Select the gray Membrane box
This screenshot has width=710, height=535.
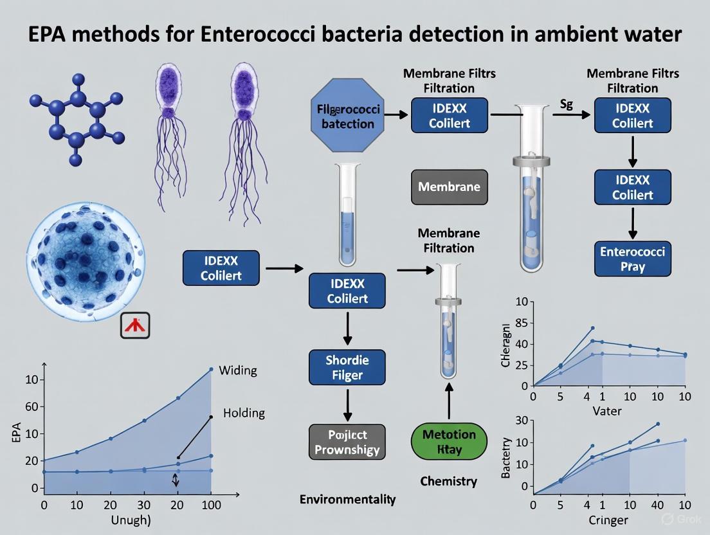(x=449, y=187)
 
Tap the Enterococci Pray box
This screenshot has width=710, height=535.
(x=632, y=258)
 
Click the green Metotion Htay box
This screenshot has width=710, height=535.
(x=449, y=441)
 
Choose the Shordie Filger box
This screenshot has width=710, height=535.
(x=347, y=367)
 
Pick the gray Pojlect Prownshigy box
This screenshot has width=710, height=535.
(x=347, y=441)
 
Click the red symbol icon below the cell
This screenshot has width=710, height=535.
(x=135, y=325)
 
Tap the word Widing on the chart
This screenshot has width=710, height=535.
(x=237, y=370)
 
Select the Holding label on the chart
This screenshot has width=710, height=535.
(x=243, y=413)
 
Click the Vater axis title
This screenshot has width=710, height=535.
(x=606, y=410)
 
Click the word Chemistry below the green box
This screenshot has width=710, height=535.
(x=448, y=481)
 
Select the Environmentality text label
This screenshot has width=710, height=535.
(x=347, y=498)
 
